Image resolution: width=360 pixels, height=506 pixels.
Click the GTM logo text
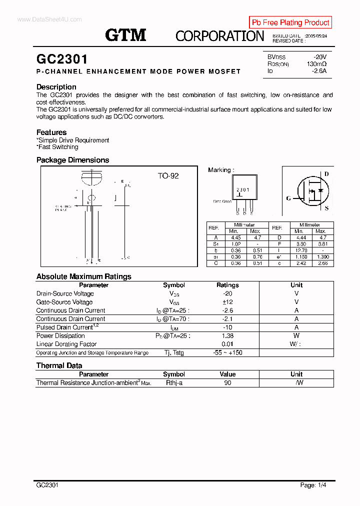(x=125, y=35)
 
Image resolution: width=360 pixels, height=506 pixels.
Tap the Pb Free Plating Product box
(x=290, y=22)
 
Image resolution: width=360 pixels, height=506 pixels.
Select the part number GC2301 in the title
(x=62, y=59)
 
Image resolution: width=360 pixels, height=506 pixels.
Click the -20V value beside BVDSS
(x=319, y=57)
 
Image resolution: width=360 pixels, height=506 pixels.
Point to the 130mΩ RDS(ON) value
(x=316, y=64)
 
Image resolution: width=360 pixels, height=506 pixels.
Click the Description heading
(x=56, y=87)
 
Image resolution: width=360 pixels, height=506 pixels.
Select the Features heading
(x=51, y=132)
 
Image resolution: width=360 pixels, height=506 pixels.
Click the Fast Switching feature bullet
(x=57, y=147)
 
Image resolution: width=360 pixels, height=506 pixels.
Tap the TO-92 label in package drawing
(x=168, y=176)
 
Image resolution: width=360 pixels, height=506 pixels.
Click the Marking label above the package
(x=220, y=170)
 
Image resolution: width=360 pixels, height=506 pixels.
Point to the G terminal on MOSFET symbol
(x=288, y=198)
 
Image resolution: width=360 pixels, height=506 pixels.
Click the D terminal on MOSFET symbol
(x=326, y=174)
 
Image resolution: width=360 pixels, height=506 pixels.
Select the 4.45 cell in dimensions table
(x=233, y=238)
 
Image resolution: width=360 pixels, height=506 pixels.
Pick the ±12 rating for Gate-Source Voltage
(x=227, y=302)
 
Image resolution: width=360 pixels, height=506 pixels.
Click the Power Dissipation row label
(x=60, y=336)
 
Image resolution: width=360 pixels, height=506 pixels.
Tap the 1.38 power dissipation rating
(x=227, y=336)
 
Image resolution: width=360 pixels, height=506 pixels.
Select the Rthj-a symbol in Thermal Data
(x=174, y=382)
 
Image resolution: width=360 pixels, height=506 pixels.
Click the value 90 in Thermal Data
(x=227, y=382)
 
